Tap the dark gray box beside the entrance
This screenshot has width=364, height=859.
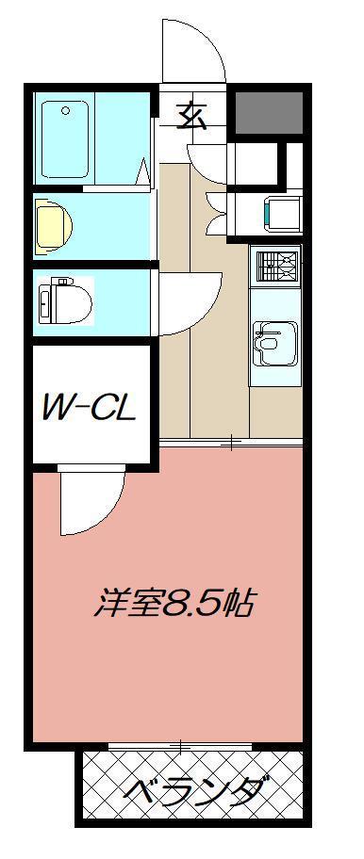pyautogui.click(x=268, y=114)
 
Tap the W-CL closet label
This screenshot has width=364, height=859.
pyautogui.click(x=90, y=407)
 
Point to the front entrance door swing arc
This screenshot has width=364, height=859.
pyautogui.click(x=193, y=47)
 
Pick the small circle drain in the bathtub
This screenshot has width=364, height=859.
pyautogui.click(x=66, y=111)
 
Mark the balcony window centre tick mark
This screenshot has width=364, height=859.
pyautogui.click(x=180, y=746)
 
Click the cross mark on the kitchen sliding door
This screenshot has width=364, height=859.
pyautogui.click(x=230, y=443)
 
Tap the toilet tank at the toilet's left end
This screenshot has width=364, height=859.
pyautogui.click(x=43, y=301)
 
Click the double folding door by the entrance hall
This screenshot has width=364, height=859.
pyautogui.click(x=213, y=203)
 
